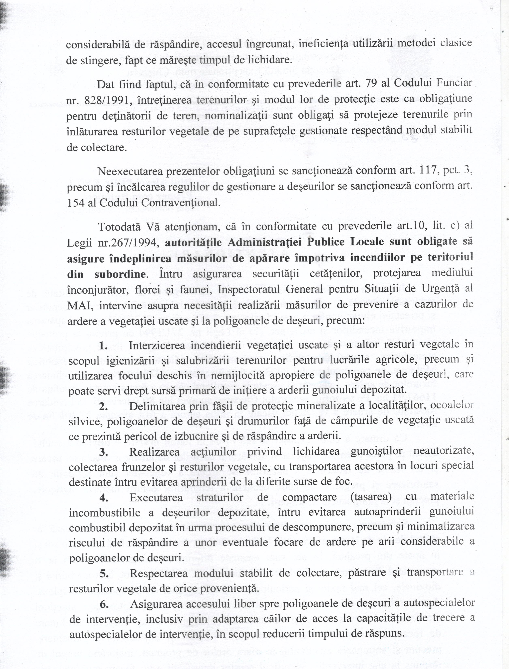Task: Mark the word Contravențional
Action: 179,203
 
